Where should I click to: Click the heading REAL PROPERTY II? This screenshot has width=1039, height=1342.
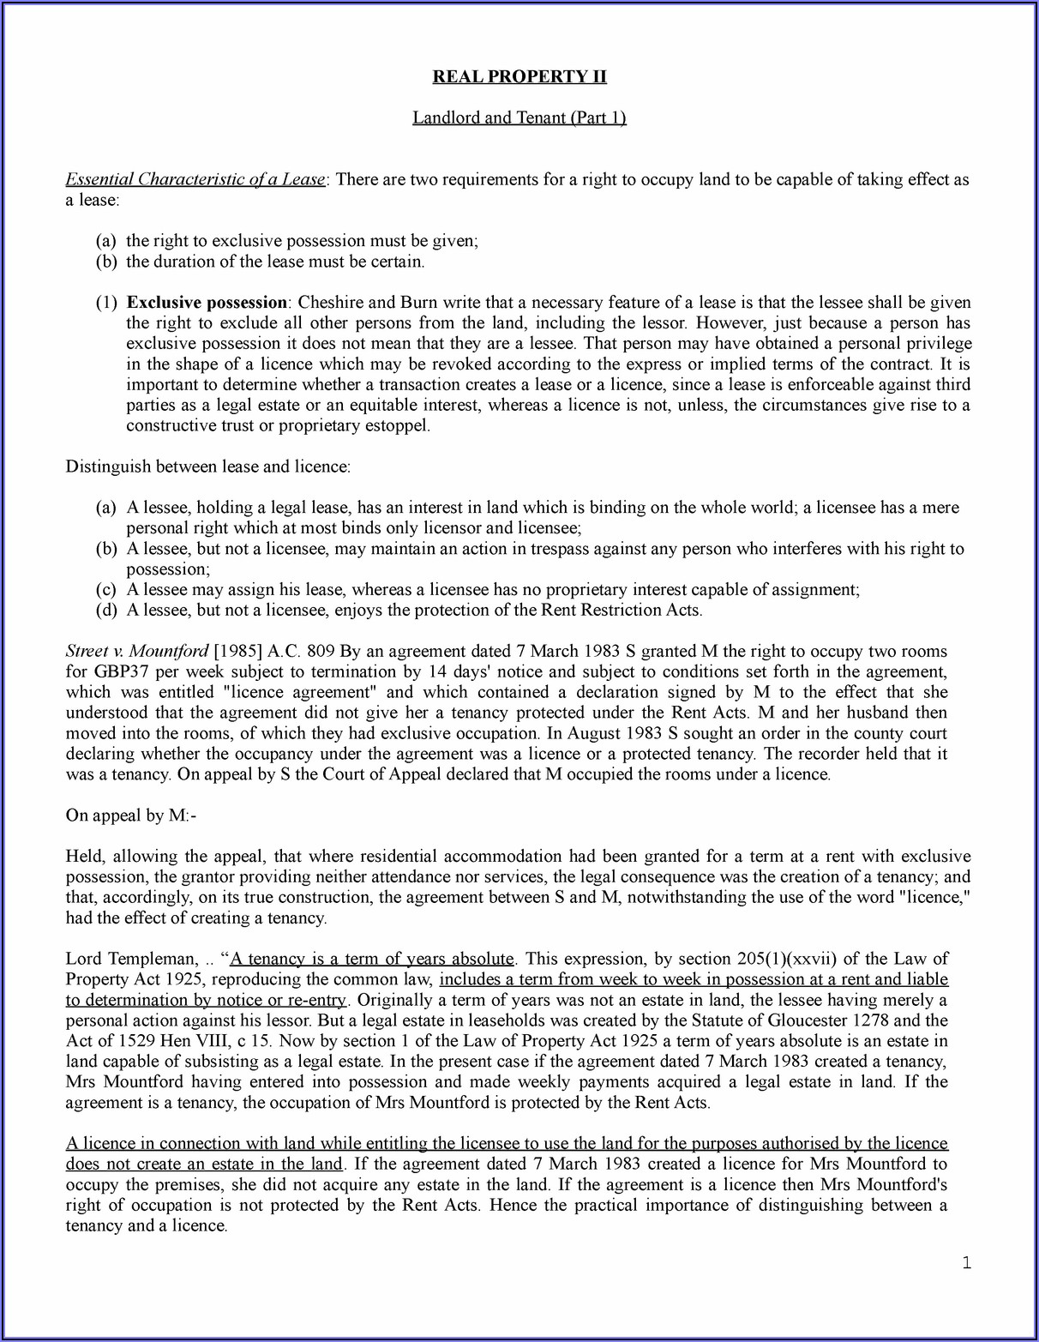click(x=519, y=76)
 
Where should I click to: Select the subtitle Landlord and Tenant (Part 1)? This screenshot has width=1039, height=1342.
click(x=519, y=117)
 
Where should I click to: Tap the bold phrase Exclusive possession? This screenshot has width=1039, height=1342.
click(x=207, y=303)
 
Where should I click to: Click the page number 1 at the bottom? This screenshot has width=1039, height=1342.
click(x=966, y=1262)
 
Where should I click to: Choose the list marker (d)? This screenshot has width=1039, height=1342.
click(x=105, y=611)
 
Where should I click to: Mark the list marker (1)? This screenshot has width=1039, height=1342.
click(x=105, y=303)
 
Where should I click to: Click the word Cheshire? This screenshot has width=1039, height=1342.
click(x=330, y=303)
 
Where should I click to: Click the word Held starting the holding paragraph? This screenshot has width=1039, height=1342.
click(x=85, y=857)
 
